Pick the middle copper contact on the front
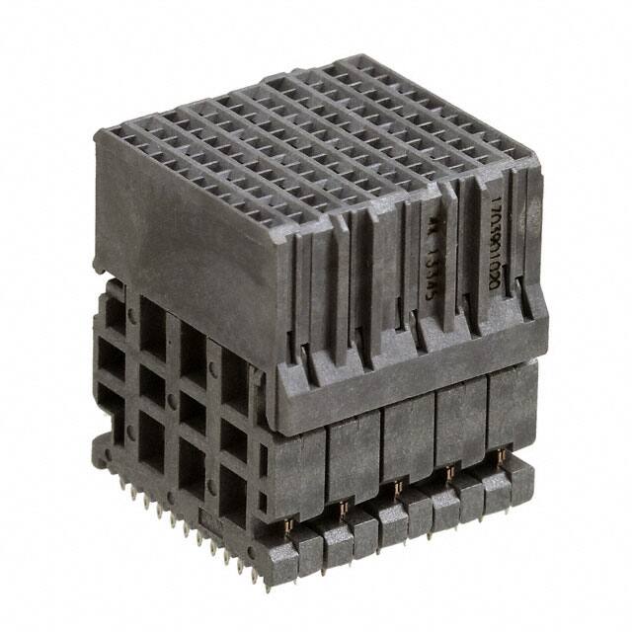tap(396, 488)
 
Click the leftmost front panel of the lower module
tap(295, 464)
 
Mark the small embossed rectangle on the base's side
tap(204, 517)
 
